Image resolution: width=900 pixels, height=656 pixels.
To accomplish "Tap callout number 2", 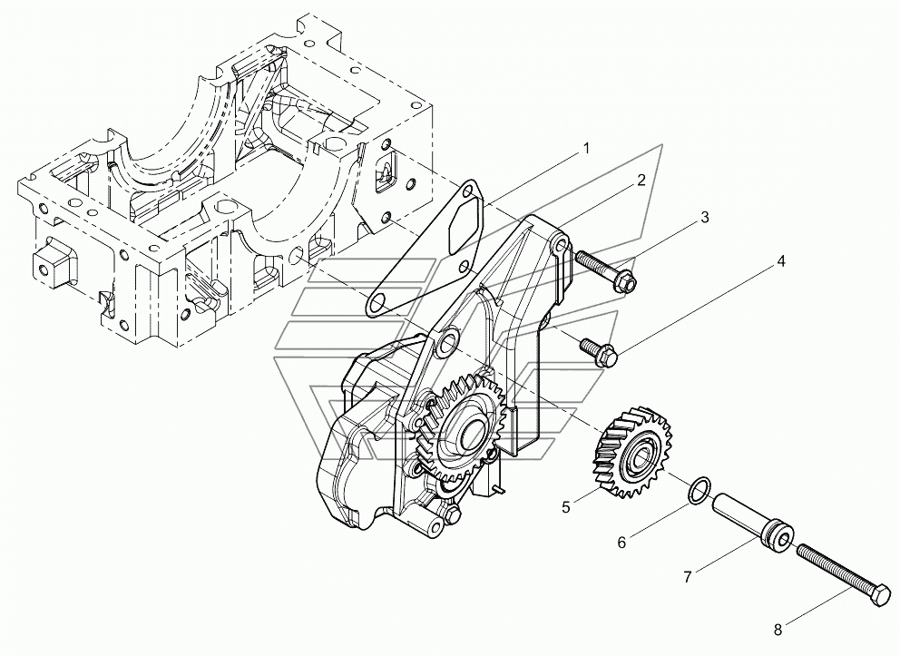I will click(641, 180).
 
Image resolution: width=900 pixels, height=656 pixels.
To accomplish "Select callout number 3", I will click(704, 218).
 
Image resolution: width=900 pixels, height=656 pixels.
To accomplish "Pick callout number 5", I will click(566, 507).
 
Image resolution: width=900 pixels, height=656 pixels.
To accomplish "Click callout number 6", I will click(621, 543).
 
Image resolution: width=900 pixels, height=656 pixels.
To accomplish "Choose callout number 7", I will click(688, 575).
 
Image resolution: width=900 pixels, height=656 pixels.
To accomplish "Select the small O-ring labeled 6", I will click(696, 489).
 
